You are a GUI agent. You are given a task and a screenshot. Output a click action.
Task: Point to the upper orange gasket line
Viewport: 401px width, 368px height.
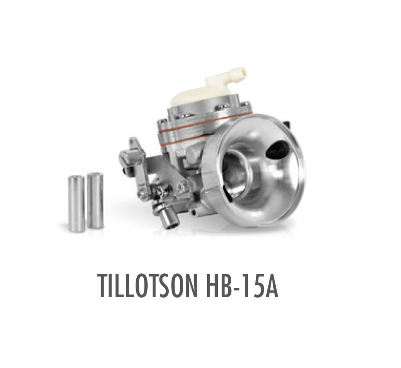click(x=204, y=122)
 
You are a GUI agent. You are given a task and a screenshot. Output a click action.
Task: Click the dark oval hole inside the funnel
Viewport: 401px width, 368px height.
click(x=277, y=149)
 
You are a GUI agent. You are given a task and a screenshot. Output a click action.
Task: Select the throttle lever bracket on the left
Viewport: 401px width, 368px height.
click(x=135, y=160)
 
